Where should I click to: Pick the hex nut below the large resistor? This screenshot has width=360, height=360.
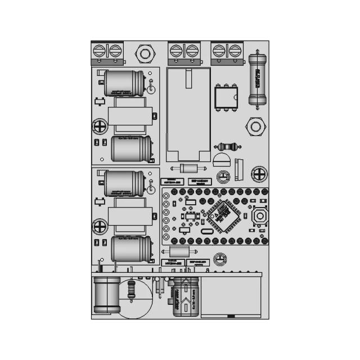255,127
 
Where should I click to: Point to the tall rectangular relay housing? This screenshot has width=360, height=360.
188,114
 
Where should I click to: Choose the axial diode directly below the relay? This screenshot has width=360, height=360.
188,168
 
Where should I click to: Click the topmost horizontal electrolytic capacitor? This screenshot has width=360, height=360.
125,83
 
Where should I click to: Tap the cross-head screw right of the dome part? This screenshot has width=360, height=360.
259,173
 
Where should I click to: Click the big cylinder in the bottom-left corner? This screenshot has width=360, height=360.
106,295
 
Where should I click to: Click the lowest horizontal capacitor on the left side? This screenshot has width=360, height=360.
132,249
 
